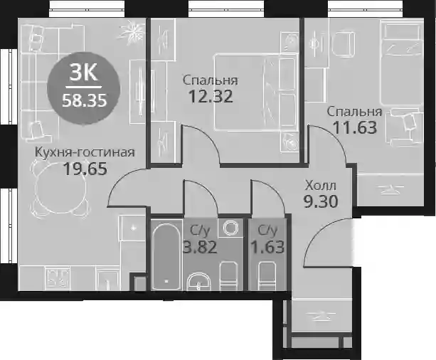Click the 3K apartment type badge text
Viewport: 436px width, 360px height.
click(x=84, y=73)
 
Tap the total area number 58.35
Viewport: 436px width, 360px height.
click(x=84, y=100)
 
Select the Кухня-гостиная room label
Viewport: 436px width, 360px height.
click(x=85, y=152)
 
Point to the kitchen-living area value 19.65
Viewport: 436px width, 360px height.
click(x=85, y=169)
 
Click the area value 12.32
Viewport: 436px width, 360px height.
click(x=211, y=97)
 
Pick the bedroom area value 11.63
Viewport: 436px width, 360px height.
click(x=354, y=127)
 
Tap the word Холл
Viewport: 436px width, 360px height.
click(x=320, y=186)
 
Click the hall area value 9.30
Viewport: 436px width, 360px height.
click(x=321, y=201)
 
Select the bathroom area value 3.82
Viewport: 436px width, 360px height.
click(x=200, y=247)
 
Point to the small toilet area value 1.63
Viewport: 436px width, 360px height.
click(x=267, y=247)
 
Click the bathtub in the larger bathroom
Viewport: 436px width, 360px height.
click(x=166, y=256)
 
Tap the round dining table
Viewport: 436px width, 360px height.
click(x=60, y=188)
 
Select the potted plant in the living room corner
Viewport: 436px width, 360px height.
click(x=132, y=31)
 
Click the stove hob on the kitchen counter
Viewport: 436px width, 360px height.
click(x=58, y=277)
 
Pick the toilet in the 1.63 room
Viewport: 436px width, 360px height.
click(x=267, y=276)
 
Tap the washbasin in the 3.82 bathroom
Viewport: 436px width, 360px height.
click(x=198, y=282)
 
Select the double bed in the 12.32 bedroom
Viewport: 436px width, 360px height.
click(x=255, y=92)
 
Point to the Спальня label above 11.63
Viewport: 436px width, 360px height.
click(x=354, y=112)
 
